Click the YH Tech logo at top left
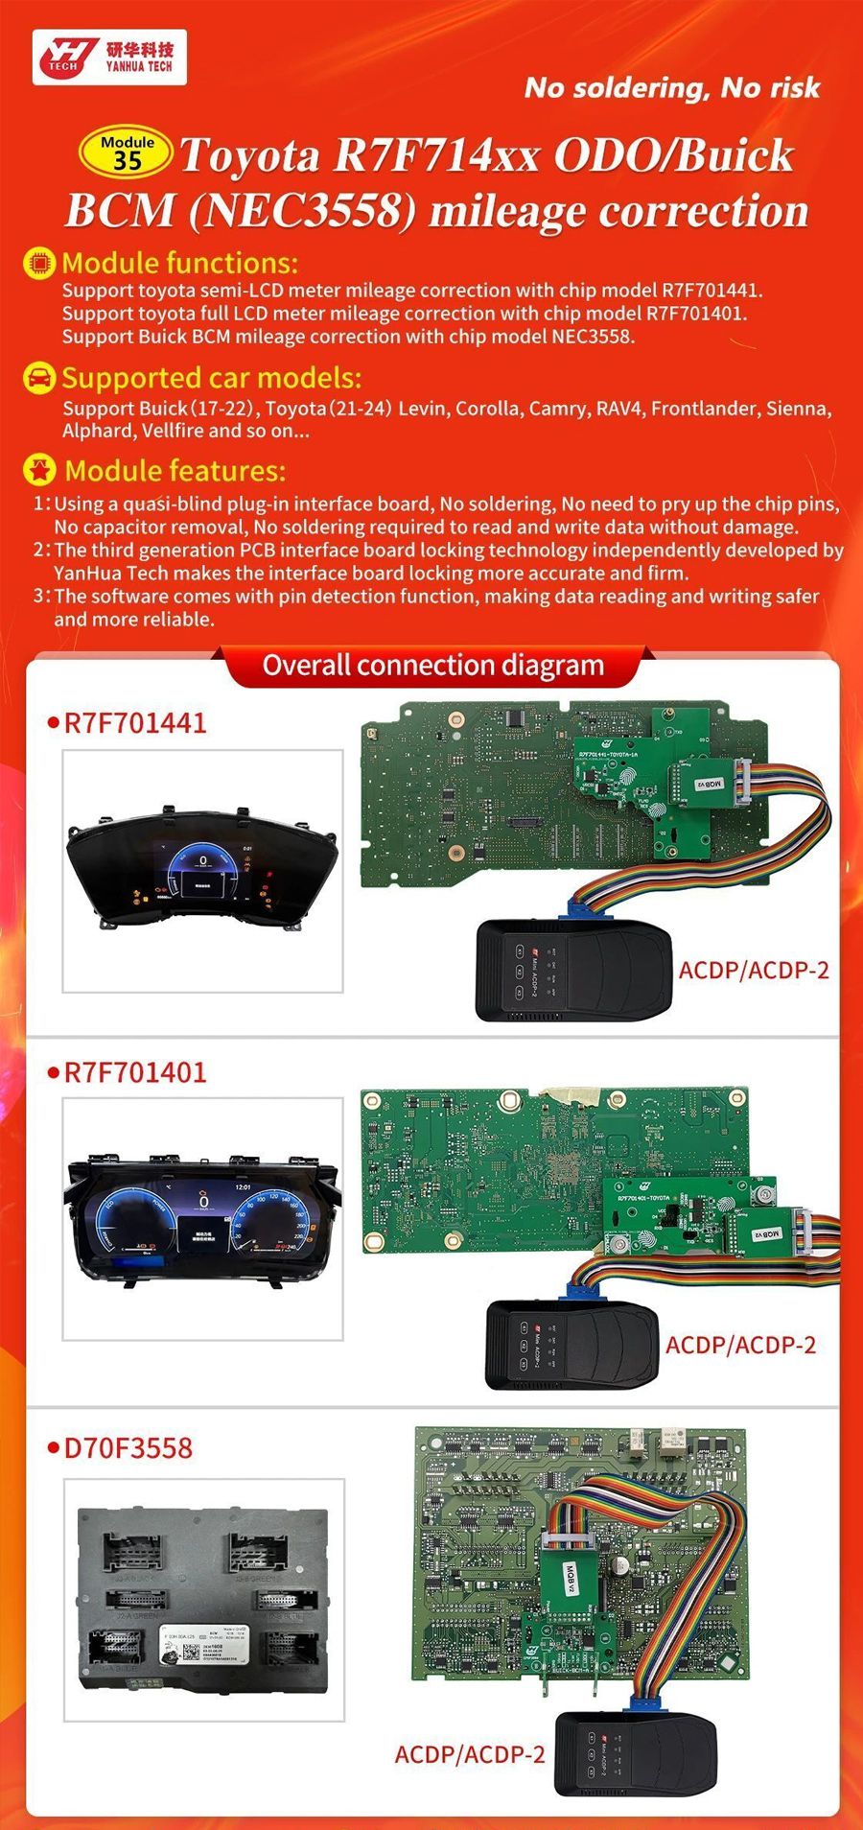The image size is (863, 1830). click(x=107, y=58)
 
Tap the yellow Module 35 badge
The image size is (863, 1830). click(x=127, y=153)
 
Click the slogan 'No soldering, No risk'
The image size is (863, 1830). click(x=671, y=88)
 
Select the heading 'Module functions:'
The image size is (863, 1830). click(x=179, y=263)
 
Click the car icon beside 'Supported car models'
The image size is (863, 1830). click(x=39, y=378)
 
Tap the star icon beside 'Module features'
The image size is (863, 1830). click(x=39, y=471)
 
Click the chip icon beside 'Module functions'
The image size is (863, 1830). click(x=39, y=263)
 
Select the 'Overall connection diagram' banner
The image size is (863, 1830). click(x=433, y=666)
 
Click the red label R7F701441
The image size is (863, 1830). click(x=134, y=723)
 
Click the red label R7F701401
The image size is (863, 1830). click(x=134, y=1072)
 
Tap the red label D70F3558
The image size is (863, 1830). click(x=128, y=1447)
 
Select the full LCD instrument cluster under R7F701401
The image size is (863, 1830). click(x=202, y=1218)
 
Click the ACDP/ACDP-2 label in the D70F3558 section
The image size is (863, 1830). click(x=470, y=1754)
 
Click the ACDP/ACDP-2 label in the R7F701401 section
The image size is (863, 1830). click(x=740, y=1345)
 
